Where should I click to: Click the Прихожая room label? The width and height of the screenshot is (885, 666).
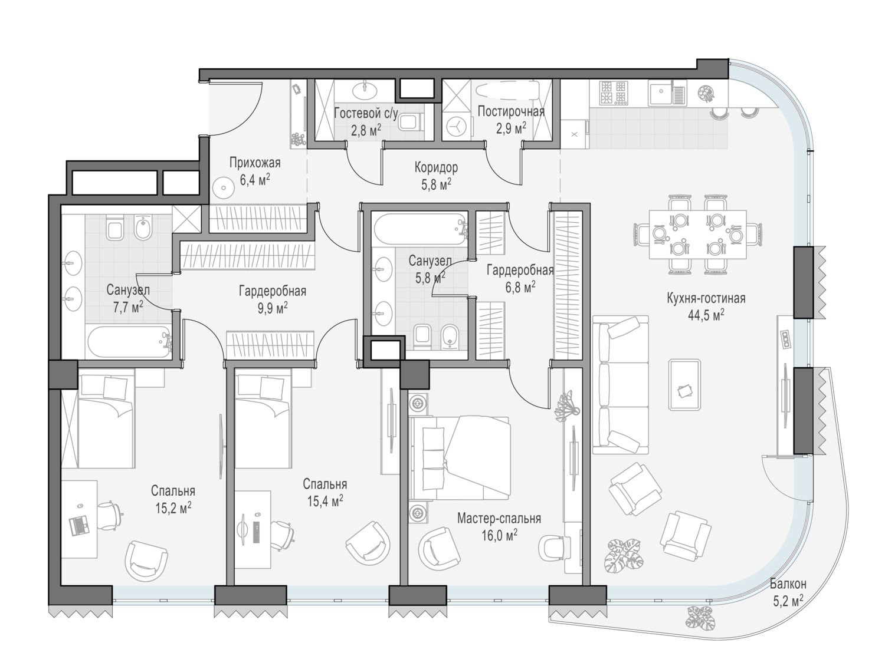[254, 163]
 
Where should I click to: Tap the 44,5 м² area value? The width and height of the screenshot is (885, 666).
[706, 315]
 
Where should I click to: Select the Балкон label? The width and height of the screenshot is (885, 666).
[788, 583]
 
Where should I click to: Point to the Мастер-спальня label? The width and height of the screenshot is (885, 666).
[499, 519]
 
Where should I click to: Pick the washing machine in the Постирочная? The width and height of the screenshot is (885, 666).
[457, 126]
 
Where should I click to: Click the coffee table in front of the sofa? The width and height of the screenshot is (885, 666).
[684, 384]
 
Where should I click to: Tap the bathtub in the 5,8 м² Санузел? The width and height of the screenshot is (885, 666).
[419, 229]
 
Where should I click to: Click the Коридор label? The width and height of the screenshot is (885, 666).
[436, 167]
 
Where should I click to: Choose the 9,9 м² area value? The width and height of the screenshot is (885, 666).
[273, 308]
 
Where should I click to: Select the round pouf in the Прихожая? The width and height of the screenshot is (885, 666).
[223, 187]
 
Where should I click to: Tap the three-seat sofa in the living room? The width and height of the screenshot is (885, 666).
[621, 385]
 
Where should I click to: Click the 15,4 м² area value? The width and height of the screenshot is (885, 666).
[325, 502]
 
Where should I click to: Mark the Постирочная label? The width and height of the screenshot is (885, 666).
[511, 111]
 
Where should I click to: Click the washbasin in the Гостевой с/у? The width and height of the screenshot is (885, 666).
[365, 90]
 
